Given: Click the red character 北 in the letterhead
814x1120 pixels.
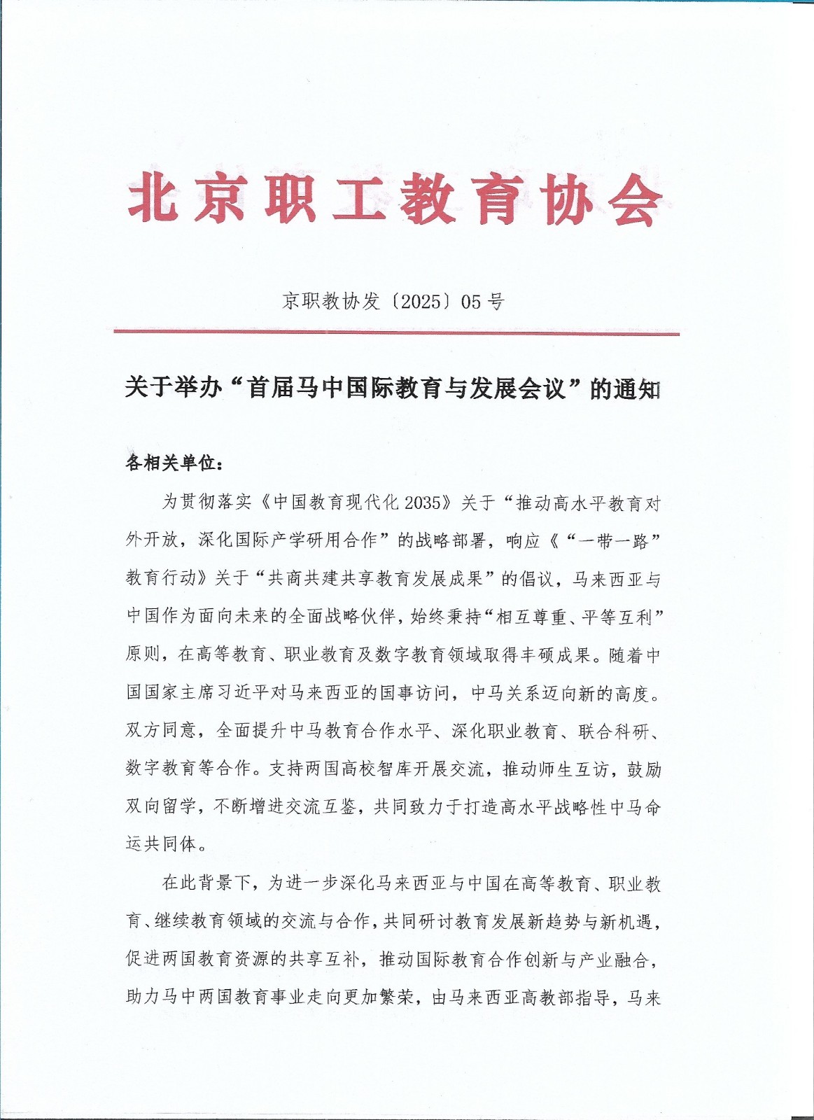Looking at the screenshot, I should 152,199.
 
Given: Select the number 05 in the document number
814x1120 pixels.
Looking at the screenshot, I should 472,302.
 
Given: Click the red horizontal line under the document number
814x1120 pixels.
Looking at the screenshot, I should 396,333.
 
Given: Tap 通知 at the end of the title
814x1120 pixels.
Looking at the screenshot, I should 637,389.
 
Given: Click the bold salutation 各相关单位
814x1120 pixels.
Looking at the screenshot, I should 171,463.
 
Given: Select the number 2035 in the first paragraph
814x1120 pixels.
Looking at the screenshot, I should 426,503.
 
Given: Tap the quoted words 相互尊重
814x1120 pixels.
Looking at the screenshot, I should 534,617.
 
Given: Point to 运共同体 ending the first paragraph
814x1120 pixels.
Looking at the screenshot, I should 162,844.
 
